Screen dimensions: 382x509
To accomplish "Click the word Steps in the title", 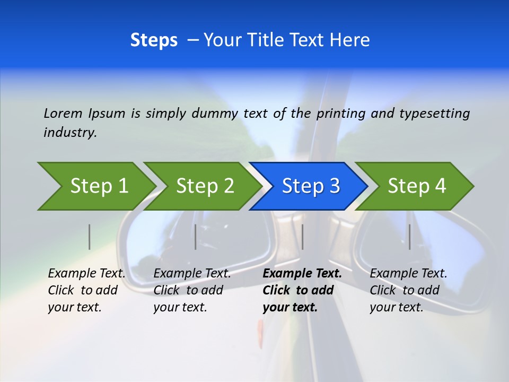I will (154, 40).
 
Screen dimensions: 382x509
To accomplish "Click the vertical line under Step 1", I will (90, 237).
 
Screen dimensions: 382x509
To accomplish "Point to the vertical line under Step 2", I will (196, 237).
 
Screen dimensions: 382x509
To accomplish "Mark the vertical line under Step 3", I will (302, 237).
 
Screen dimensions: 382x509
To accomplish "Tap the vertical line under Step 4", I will (410, 237).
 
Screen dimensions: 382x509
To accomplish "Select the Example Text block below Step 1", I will (86, 290).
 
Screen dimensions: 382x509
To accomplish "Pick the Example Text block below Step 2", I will (192, 290).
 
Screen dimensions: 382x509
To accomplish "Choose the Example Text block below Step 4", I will (408, 290).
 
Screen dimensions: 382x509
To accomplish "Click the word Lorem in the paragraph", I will (63, 113).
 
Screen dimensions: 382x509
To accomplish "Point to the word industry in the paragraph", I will (70, 133).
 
